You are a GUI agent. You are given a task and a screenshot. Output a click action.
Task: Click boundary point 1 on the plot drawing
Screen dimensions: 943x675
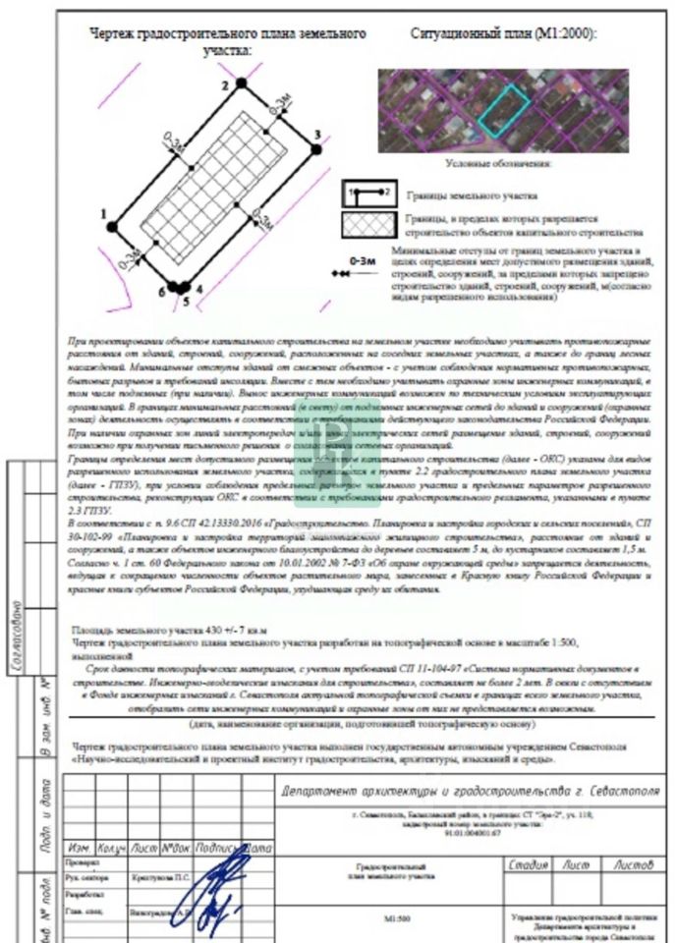pyautogui.click(x=113, y=227)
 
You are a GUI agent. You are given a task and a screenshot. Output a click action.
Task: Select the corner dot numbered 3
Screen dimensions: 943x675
pyautogui.click(x=315, y=148)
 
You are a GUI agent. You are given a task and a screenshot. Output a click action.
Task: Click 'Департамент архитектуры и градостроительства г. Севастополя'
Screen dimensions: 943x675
pyautogui.click(x=462, y=792)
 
